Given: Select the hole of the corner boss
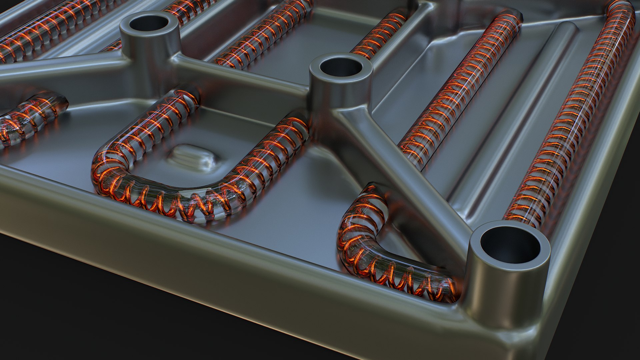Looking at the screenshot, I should (x=510, y=245).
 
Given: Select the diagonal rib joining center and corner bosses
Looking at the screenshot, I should (x=400, y=160).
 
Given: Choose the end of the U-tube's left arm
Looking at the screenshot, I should (x=187, y=97).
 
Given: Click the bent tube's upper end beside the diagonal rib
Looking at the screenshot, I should (x=373, y=193).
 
